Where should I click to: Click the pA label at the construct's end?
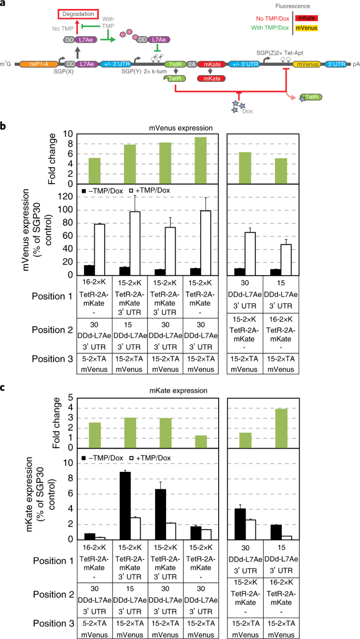pos(356,64)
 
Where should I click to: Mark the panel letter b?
pos(4,126)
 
